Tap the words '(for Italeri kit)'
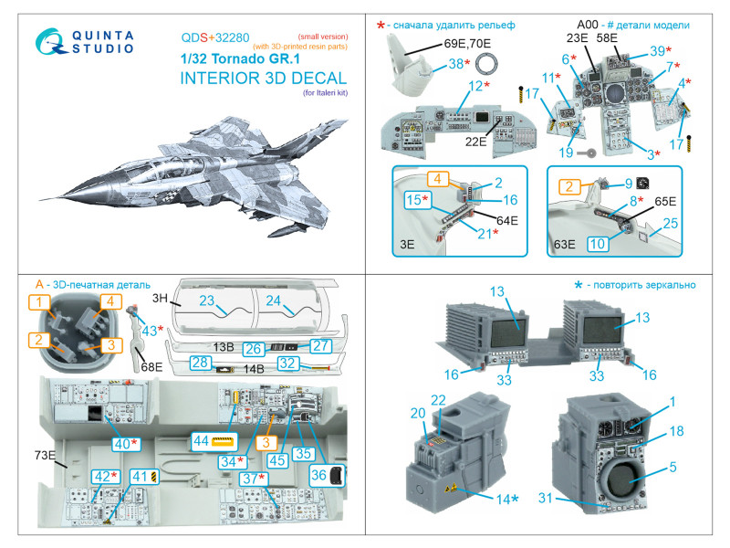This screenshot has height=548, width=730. point(322,92)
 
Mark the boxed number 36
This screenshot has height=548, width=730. point(318,474)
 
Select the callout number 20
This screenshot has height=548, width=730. point(419,413)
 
